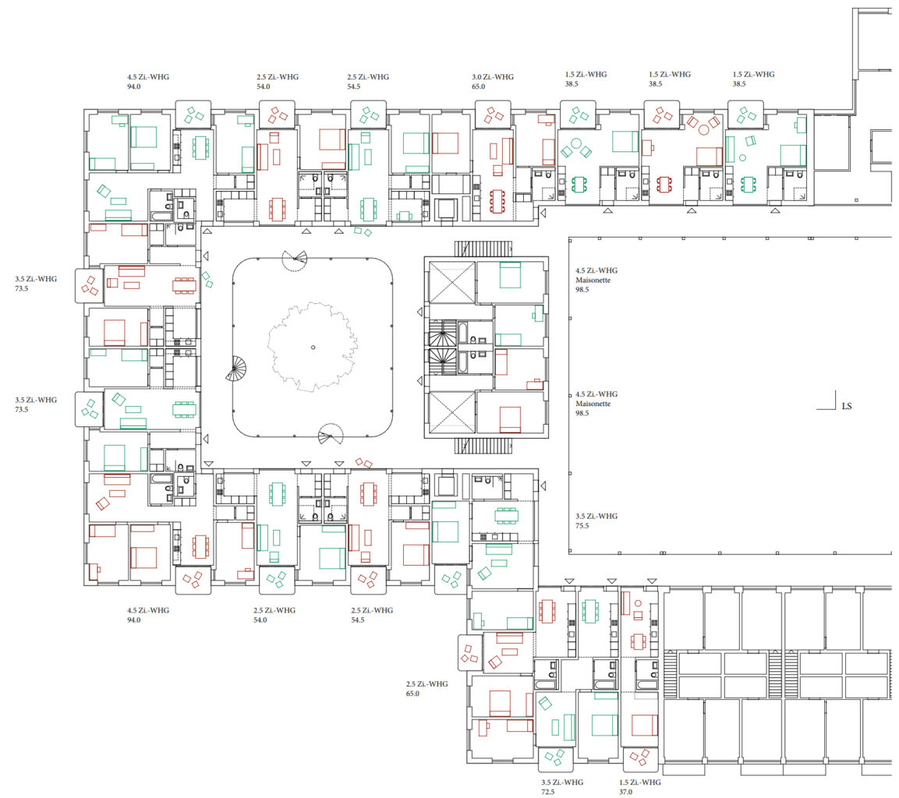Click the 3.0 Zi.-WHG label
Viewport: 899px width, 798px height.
pyautogui.click(x=493, y=77)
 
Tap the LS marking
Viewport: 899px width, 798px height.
pyautogui.click(x=847, y=406)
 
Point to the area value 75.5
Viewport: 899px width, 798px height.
pyautogui.click(x=582, y=525)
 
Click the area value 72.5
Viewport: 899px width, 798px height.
pyautogui.click(x=547, y=792)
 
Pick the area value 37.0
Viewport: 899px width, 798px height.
pyautogui.click(x=625, y=792)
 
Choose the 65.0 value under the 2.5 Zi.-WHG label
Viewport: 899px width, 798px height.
pyautogui.click(x=412, y=693)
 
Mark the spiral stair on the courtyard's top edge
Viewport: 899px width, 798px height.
pyautogui.click(x=295, y=260)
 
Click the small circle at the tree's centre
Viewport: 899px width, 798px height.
pyautogui.click(x=313, y=347)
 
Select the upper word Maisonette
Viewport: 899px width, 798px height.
pyautogui.click(x=593, y=280)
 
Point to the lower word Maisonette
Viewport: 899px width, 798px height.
pyautogui.click(x=593, y=404)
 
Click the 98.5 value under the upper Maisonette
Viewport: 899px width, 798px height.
pyautogui.click(x=582, y=289)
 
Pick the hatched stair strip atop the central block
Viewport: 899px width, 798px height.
pyautogui.click(x=483, y=249)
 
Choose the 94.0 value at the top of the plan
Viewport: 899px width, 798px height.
pyautogui.click(x=133, y=87)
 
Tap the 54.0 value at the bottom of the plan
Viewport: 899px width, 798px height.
pyautogui.click(x=260, y=620)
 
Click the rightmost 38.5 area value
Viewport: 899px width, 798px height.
pyautogui.click(x=739, y=83)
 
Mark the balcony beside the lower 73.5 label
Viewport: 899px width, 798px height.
pyautogui.click(x=89, y=409)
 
